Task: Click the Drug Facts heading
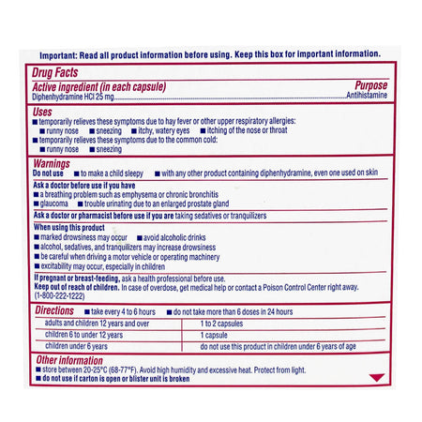click(x=56, y=71)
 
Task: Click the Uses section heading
click(x=43, y=111)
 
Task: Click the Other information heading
click(x=68, y=360)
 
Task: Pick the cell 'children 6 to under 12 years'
click(x=84, y=334)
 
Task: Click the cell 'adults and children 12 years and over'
click(x=98, y=322)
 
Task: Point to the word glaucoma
click(x=54, y=203)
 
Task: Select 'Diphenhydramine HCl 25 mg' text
click(x=74, y=96)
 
